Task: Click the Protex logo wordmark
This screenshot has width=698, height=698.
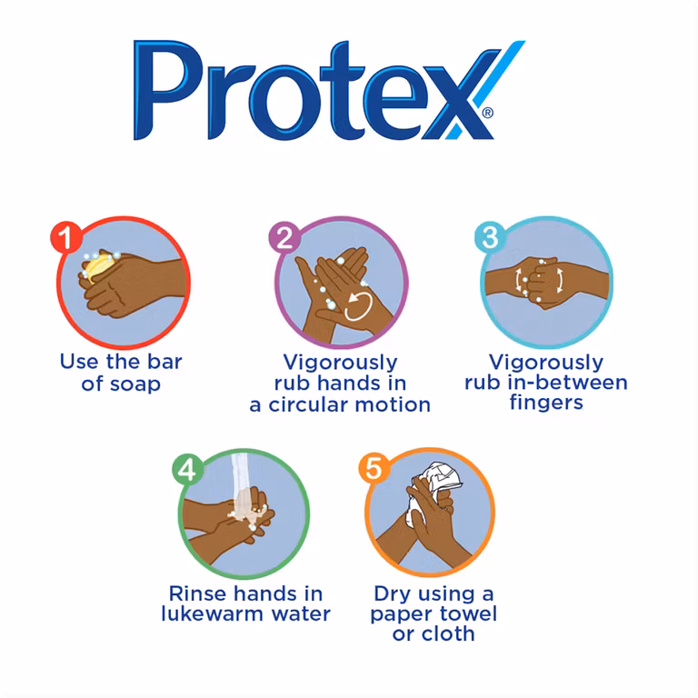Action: point(329,90)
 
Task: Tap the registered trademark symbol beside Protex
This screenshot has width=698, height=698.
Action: point(488,113)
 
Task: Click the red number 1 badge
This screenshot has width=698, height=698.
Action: point(66,237)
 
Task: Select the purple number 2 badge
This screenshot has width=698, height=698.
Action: point(284,237)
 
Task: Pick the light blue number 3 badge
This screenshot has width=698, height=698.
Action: point(490,236)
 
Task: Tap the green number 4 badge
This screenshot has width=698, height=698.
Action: point(187,469)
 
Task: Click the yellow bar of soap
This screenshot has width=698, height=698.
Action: point(99,266)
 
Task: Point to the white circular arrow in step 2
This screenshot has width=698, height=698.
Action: point(358,306)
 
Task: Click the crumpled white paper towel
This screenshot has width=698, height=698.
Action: point(434,487)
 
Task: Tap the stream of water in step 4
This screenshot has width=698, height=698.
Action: point(244,487)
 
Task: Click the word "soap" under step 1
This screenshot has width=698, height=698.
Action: point(135,384)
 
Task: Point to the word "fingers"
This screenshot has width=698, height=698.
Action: point(546,403)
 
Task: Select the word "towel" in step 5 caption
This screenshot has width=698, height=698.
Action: point(468,613)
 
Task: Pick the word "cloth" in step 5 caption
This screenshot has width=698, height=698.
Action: point(447,633)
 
